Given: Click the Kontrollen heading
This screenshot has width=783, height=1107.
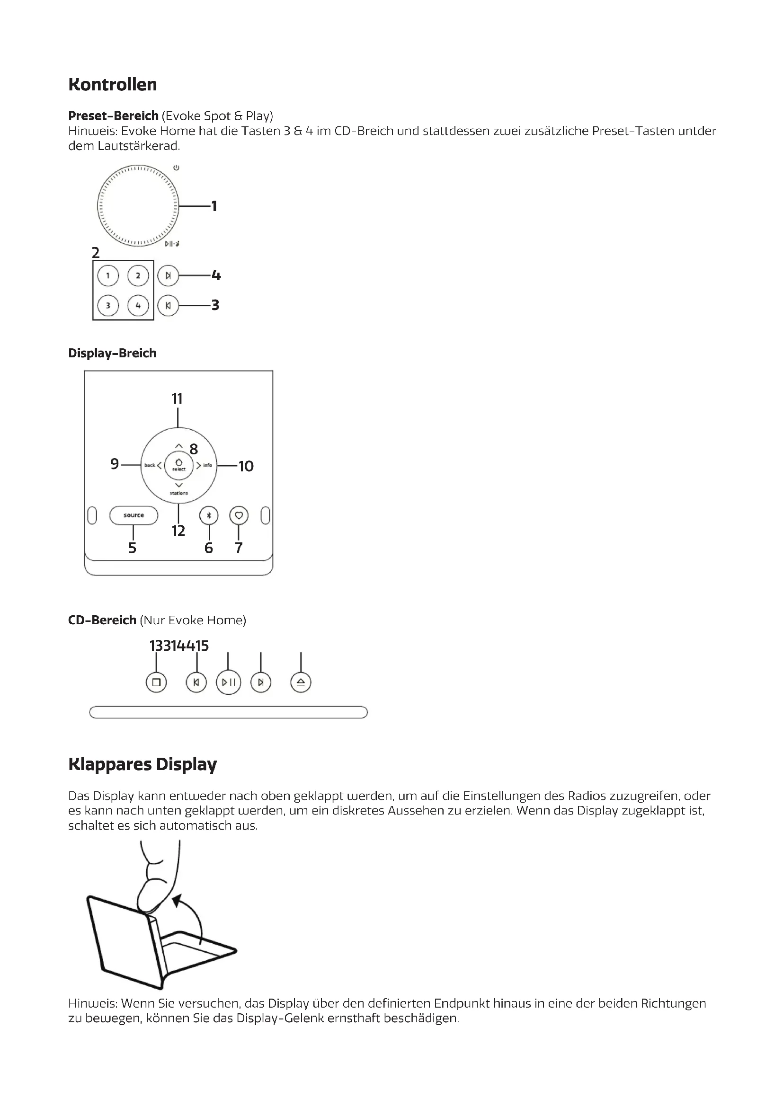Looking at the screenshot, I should point(112,84).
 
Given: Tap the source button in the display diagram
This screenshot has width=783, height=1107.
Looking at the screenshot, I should point(133,515).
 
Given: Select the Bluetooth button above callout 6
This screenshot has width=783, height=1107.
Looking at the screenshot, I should point(209,515).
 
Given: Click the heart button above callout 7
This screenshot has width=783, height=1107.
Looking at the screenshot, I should point(239,515).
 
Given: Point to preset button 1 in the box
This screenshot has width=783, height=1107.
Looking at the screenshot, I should point(108,276).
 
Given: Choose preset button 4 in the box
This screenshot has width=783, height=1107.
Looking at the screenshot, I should point(138,305).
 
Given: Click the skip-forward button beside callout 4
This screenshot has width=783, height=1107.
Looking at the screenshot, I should point(168,276).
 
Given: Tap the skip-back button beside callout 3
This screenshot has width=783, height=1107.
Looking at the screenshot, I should point(168,305).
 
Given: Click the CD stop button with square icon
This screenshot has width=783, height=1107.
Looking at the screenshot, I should point(156,682).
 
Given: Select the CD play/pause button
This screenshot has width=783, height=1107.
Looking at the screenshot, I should point(229,682).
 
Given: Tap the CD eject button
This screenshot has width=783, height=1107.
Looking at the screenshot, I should point(301,682).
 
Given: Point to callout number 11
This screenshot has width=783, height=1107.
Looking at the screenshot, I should point(177,399).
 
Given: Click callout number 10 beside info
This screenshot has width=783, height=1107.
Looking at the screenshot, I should point(246,466).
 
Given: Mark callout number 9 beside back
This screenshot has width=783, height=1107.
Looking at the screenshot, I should point(114,464).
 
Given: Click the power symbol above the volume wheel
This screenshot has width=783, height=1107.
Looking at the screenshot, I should point(177,168).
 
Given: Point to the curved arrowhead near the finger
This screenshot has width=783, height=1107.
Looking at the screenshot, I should point(178,899).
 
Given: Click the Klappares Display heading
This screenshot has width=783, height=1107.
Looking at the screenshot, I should point(142,764).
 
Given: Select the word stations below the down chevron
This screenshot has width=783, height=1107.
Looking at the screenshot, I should point(178,493).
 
